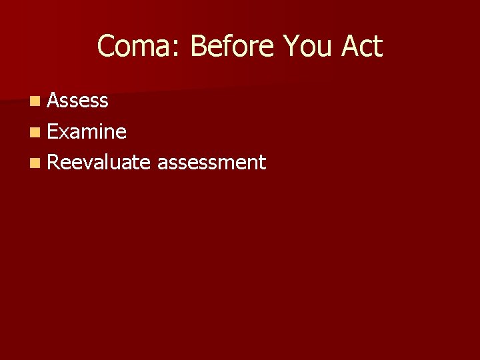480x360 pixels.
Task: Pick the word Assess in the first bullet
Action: click(78, 101)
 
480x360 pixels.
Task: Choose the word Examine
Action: click(87, 131)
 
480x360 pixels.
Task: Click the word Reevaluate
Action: click(99, 162)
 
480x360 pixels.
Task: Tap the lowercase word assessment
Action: click(211, 162)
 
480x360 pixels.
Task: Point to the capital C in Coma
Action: click(106, 47)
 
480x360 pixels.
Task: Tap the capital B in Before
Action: click(197, 47)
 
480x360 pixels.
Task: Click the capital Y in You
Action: click(291, 47)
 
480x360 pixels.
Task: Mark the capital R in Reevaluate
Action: click(53, 162)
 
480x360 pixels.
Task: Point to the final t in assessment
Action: click(263, 163)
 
